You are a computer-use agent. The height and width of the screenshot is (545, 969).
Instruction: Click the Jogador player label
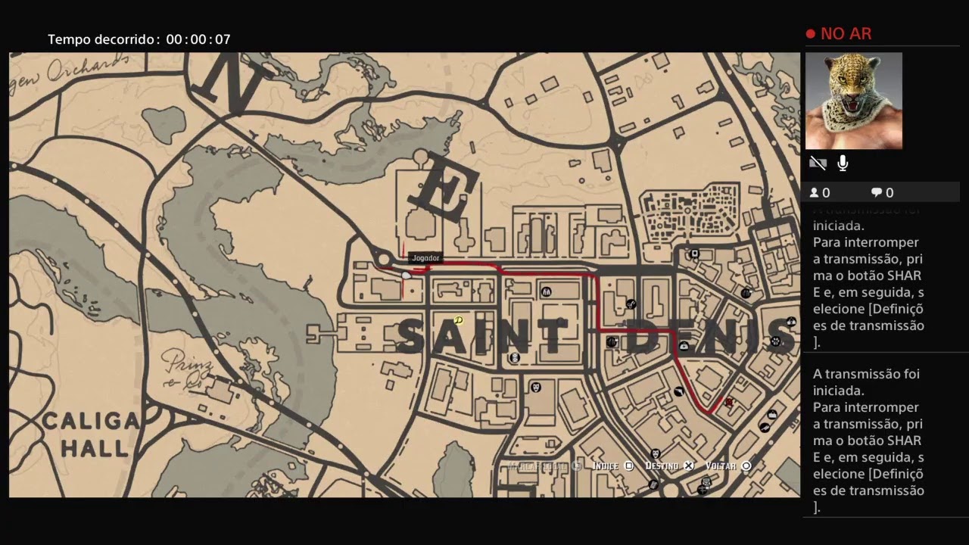tap(425, 258)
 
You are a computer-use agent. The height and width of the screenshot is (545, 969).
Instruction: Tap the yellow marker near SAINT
tap(458, 320)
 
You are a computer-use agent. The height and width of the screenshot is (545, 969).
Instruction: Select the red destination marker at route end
tap(729, 402)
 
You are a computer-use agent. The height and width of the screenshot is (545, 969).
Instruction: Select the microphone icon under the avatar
tap(843, 163)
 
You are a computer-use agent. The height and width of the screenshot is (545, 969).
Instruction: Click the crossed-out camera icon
tap(818, 163)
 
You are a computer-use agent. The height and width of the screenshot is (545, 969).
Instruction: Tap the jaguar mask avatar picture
tap(853, 101)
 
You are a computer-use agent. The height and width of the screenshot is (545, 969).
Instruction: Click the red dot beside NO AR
tap(810, 34)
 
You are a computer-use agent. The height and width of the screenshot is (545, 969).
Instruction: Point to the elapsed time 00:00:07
tap(198, 39)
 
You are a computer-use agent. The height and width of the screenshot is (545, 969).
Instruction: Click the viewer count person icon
tap(815, 193)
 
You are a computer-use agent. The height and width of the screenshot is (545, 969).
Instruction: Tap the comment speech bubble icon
tap(877, 193)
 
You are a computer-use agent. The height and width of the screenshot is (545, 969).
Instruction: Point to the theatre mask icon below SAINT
tap(536, 387)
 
